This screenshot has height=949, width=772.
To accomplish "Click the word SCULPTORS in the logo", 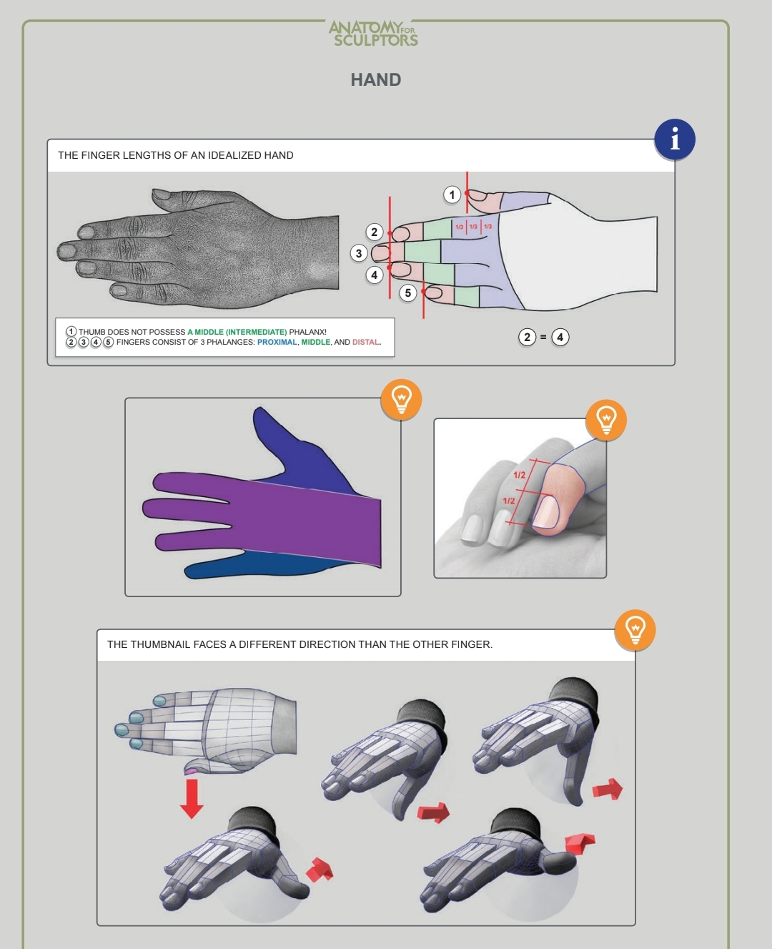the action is tap(376, 40).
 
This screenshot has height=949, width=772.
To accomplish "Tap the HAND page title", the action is tap(376, 80).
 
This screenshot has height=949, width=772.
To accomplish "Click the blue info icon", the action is tap(675, 139).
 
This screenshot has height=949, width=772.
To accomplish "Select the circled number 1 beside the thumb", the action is tap(452, 195).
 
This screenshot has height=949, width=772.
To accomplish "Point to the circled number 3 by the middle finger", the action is tap(359, 253).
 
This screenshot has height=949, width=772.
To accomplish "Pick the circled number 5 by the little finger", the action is tap(408, 293).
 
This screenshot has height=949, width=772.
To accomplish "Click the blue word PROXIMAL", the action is tap(277, 342).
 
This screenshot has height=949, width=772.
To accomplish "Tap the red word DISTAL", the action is tap(365, 342).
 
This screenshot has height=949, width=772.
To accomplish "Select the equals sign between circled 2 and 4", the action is tap(543, 338).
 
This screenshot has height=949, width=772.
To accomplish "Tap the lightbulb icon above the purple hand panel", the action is tap(401, 399).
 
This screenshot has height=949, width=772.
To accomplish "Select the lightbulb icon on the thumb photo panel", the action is tap(606, 420).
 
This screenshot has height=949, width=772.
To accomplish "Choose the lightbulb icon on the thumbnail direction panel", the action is tap(635, 630).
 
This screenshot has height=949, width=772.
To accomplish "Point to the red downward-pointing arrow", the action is tap(192, 798).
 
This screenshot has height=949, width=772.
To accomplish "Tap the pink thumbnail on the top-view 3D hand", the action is tap(190, 770).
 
